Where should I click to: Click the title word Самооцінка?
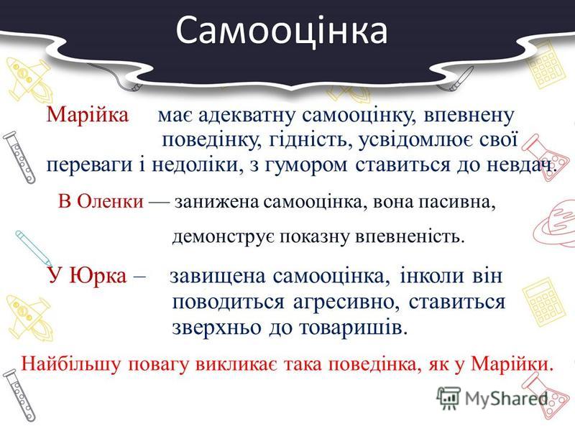coord(281,30)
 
